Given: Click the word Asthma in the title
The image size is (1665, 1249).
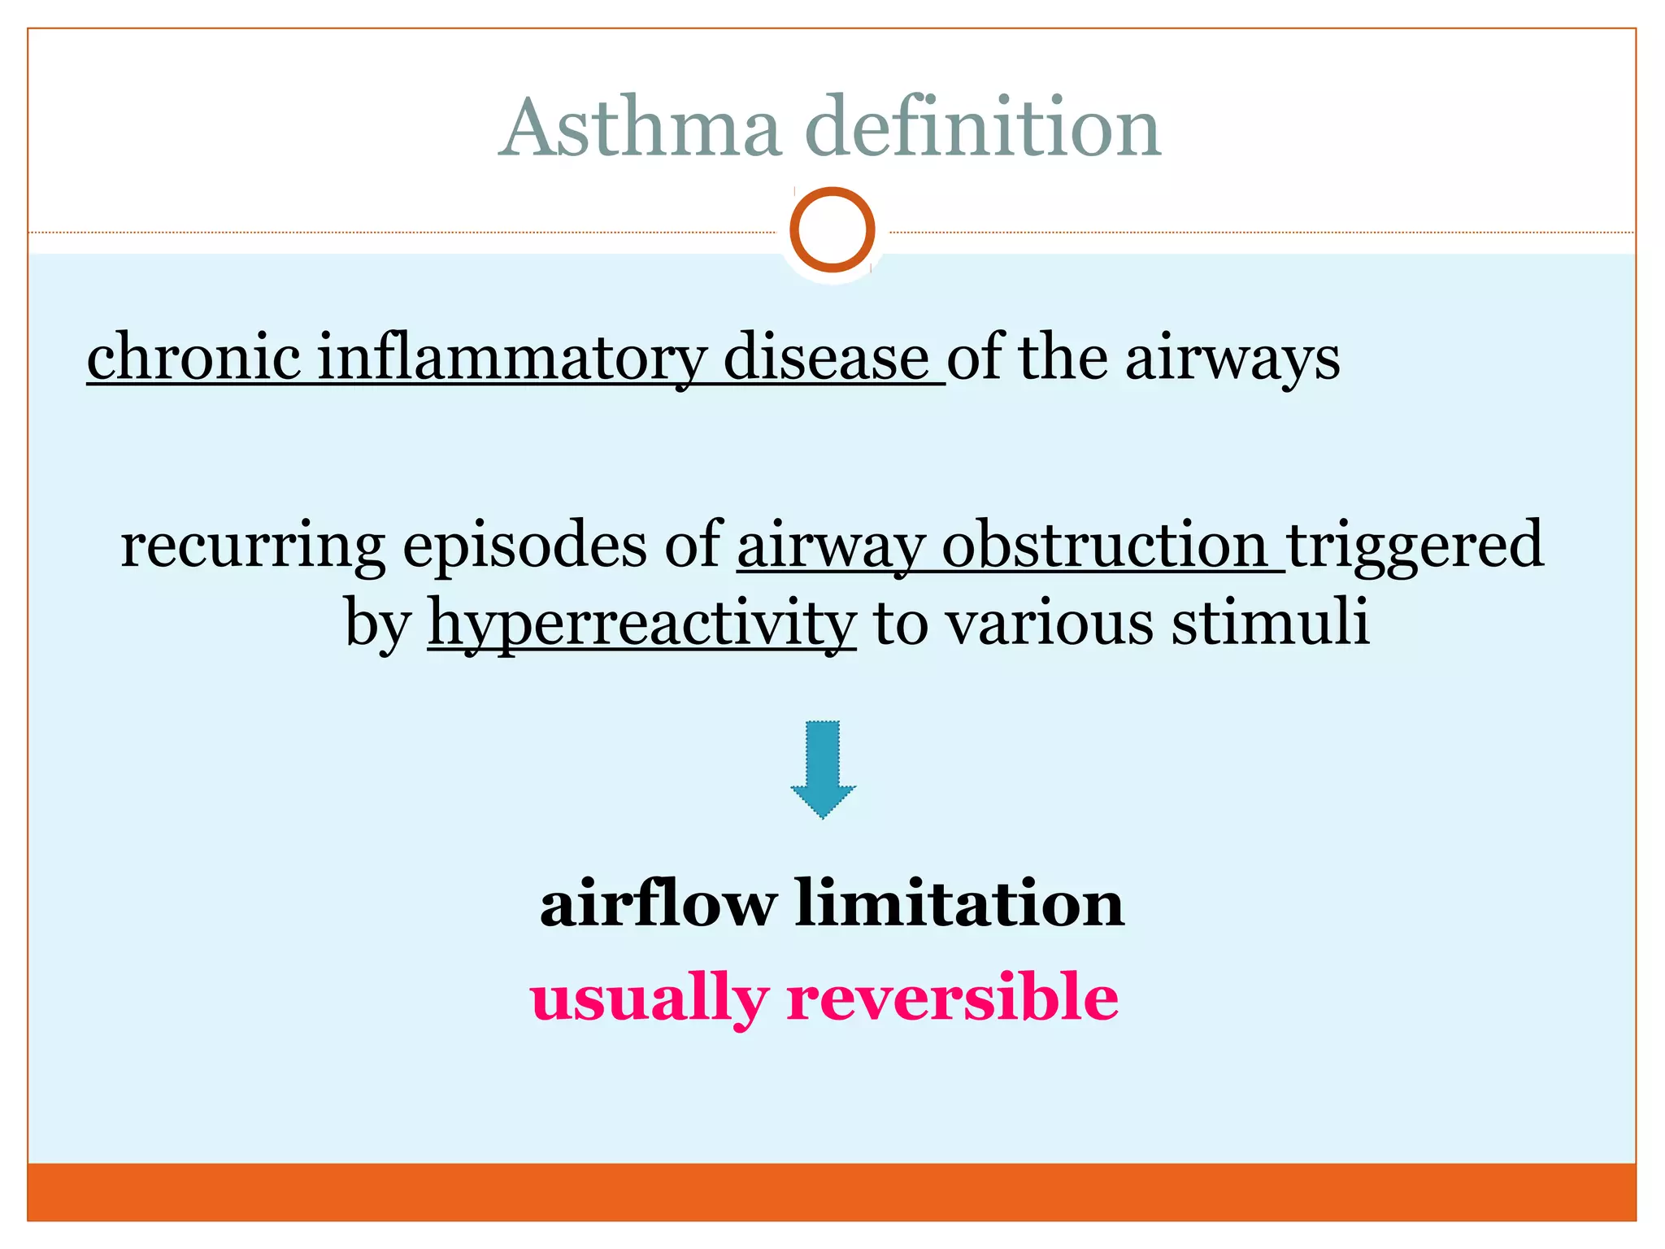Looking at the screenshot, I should point(641,128).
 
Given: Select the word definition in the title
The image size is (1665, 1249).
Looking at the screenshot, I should point(983,128).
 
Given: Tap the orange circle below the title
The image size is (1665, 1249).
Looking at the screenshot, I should point(832,229).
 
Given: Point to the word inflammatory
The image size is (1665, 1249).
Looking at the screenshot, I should point(511,358).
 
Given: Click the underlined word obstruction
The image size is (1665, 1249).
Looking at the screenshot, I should point(1104,545).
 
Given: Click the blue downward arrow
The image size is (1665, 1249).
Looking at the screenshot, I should point(823,767).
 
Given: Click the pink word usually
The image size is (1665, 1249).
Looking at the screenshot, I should point(649,999).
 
